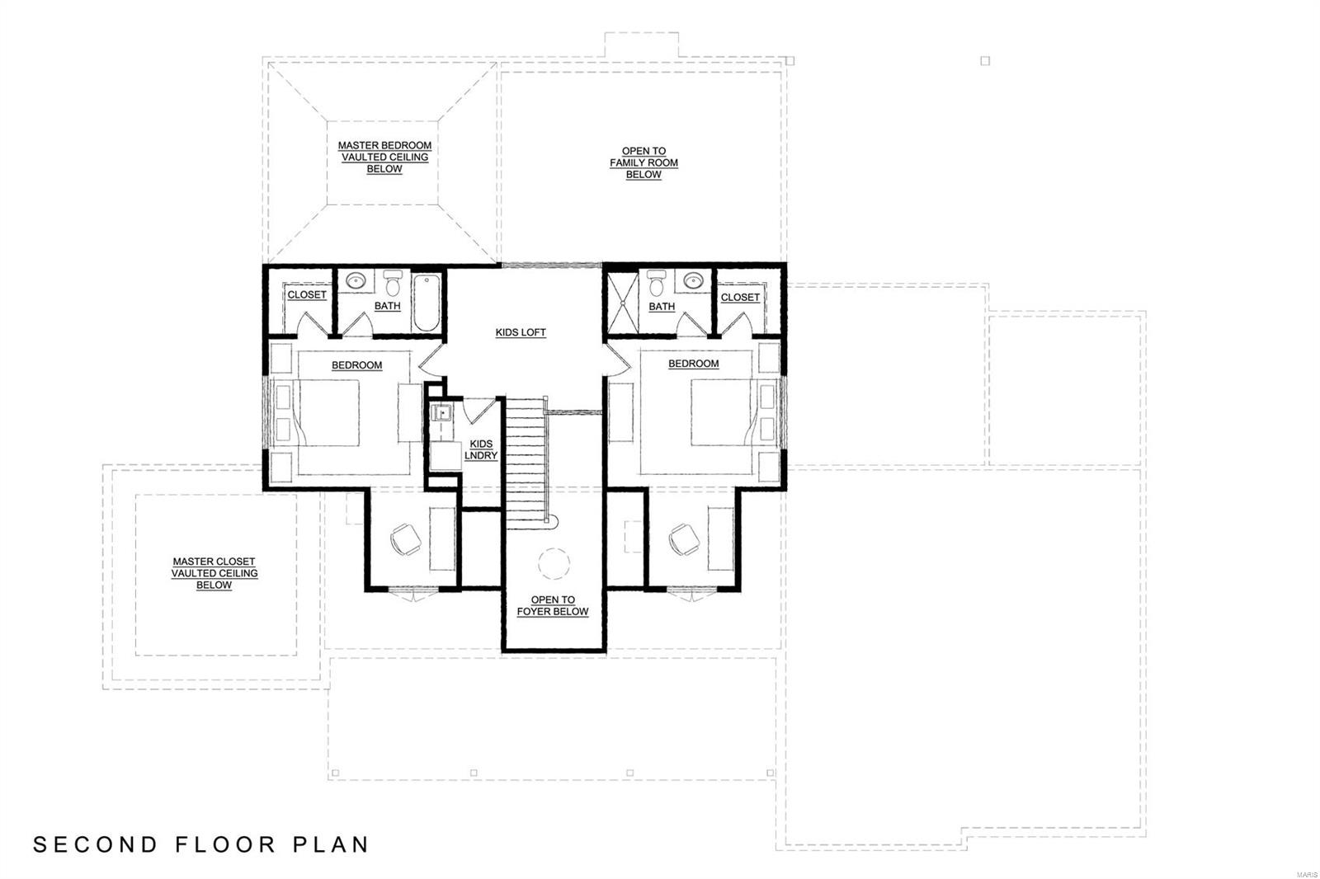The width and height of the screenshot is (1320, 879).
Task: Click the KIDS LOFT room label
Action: click(x=521, y=332)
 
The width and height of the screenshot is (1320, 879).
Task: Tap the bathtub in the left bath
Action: click(x=427, y=302)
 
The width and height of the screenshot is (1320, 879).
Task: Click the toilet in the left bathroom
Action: click(x=393, y=284)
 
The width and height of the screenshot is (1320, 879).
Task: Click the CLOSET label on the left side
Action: click(x=307, y=294)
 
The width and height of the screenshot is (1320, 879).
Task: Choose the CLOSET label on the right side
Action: click(x=740, y=297)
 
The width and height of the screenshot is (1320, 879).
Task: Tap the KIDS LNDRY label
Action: click(x=481, y=449)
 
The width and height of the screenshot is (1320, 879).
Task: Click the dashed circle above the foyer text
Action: click(x=554, y=565)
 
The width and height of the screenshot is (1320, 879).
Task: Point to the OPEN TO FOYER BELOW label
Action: click(x=553, y=606)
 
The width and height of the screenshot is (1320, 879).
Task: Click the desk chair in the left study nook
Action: click(x=405, y=540)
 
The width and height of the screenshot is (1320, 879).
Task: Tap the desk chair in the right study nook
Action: click(x=684, y=540)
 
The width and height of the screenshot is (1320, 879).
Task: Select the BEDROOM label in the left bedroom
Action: click(x=357, y=365)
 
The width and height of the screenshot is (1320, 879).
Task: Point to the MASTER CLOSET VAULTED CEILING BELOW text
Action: click(x=214, y=573)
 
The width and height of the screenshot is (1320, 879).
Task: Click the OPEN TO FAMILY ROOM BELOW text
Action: click(x=643, y=163)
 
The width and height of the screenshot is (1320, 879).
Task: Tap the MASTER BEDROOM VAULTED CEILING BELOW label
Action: click(x=384, y=157)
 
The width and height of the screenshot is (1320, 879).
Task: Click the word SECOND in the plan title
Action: click(x=95, y=844)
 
